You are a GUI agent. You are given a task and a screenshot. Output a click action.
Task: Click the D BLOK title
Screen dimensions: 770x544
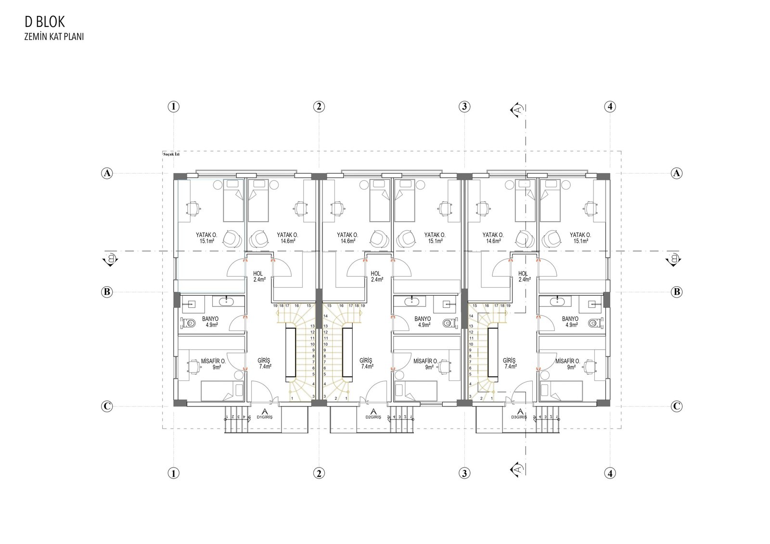tap(45, 22)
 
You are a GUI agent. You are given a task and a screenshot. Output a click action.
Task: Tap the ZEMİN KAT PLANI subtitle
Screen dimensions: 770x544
tap(54, 37)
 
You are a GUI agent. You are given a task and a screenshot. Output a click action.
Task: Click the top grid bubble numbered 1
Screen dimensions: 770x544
tap(174, 106)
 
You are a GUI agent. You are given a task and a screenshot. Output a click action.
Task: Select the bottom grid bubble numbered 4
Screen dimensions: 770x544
tap(610, 474)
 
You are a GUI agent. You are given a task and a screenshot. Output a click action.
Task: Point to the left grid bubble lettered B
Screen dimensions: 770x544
tap(107, 292)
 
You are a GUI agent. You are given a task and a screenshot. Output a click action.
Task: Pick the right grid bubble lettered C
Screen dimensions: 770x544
tap(677, 406)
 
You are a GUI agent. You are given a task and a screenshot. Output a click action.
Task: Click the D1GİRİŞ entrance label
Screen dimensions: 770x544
tap(264, 417)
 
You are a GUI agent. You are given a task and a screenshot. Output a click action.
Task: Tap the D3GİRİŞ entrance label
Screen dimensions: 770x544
tap(519, 417)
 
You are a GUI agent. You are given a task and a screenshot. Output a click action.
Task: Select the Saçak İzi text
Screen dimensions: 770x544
tap(171, 154)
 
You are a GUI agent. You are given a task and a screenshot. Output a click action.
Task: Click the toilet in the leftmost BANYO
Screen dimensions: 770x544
tap(188, 323)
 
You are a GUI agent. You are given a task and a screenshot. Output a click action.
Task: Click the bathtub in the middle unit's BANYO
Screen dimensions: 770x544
tap(411, 302)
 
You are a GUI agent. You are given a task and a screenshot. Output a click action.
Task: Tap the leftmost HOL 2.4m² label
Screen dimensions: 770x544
tap(259, 277)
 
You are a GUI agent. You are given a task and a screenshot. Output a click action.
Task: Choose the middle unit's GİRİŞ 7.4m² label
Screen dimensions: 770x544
tap(366, 363)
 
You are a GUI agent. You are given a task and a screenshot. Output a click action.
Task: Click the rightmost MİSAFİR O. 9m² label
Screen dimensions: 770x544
tap(567, 364)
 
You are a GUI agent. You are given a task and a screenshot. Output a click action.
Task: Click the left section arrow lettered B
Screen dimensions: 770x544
tap(111, 259)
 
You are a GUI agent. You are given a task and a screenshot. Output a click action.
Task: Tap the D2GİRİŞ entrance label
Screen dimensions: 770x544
tap(373, 417)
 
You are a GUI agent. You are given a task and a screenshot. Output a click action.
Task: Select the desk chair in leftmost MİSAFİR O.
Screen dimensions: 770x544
tap(192, 367)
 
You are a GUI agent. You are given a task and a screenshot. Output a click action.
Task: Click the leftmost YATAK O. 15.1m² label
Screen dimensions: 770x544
tap(206, 238)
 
